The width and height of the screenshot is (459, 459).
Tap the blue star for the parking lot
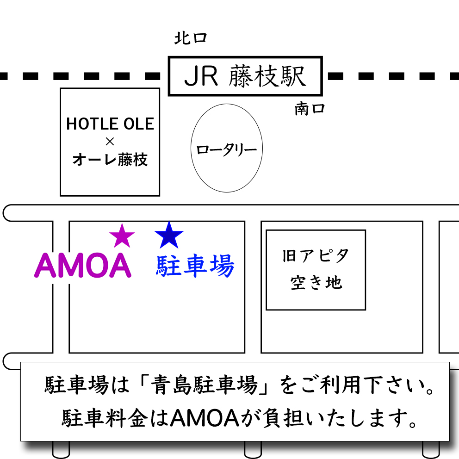[169, 236]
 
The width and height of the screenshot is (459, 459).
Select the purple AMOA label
[83, 266]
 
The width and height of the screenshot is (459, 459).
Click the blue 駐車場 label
[195, 267]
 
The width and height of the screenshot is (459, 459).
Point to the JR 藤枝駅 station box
[245, 76]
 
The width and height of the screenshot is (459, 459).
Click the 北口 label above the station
[190, 38]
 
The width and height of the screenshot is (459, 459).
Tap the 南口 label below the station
[310, 110]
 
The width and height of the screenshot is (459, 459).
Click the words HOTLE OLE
[110, 124]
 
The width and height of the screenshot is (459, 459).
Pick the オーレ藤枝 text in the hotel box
[110, 160]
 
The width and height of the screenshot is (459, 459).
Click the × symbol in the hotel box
[110, 142]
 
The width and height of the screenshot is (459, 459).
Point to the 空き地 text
[316, 283]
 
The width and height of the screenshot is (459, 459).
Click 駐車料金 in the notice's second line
[108, 419]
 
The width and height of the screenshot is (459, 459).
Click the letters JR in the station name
[201, 77]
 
